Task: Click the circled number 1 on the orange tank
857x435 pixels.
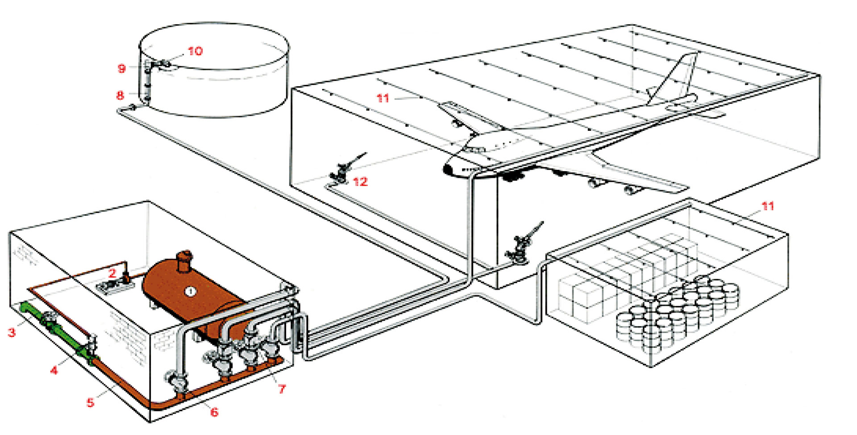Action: (191, 292)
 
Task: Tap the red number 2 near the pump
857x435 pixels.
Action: (112, 272)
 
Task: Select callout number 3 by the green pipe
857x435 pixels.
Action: (12, 332)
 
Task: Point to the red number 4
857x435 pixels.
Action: (54, 370)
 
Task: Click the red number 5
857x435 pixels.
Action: (91, 402)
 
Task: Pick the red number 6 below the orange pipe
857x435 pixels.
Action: (214, 412)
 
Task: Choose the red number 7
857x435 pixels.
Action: (282, 389)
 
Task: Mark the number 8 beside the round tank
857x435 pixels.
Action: (120, 95)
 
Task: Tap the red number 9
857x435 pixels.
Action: (121, 68)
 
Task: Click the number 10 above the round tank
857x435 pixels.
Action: (195, 51)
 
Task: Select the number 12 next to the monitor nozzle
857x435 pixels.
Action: (360, 182)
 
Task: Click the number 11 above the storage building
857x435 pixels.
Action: (767, 206)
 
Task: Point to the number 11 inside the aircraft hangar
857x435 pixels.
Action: (383, 98)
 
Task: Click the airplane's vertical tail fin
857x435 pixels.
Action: (676, 76)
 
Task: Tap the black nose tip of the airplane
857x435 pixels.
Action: (447, 169)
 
